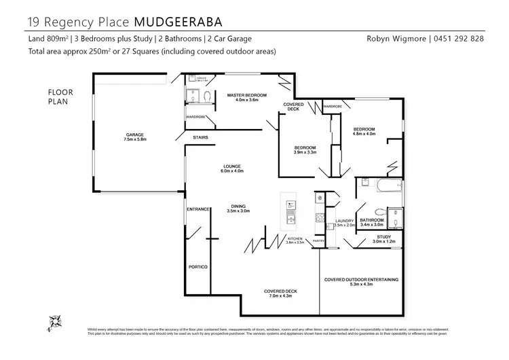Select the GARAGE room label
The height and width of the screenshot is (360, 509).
(135, 134)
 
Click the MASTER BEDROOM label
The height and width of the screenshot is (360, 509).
(246, 95)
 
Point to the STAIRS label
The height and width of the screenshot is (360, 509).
(200, 138)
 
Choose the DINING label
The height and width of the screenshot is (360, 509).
(238, 206)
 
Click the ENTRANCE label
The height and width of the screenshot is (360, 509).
(197, 209)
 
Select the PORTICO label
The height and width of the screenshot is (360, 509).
(197, 266)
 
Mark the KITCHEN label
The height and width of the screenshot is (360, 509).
(294, 238)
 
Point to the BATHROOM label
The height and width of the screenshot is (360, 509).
(372, 220)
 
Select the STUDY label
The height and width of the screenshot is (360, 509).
(385, 237)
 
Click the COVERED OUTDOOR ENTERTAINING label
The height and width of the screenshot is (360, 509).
(360, 279)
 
